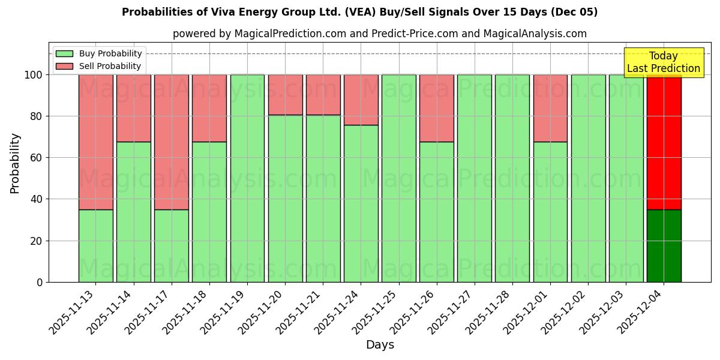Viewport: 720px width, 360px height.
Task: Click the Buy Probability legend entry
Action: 98,53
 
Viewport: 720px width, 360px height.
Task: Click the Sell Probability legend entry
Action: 98,66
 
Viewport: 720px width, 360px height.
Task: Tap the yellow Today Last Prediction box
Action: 663,62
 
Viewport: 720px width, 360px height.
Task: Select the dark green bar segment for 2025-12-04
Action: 664,245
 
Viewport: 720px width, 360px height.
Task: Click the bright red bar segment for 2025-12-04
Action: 664,142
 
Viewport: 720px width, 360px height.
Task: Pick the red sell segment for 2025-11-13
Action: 95,142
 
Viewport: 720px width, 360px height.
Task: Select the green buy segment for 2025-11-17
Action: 172,245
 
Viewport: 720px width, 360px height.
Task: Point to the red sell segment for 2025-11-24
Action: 361,100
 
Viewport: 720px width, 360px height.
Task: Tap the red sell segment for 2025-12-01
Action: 550,108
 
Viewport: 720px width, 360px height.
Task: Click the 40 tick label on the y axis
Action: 37,199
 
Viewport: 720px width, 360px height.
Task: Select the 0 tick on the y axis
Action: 40,282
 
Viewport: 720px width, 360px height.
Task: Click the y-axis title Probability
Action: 15,163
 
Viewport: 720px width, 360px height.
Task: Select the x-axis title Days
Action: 380,345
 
